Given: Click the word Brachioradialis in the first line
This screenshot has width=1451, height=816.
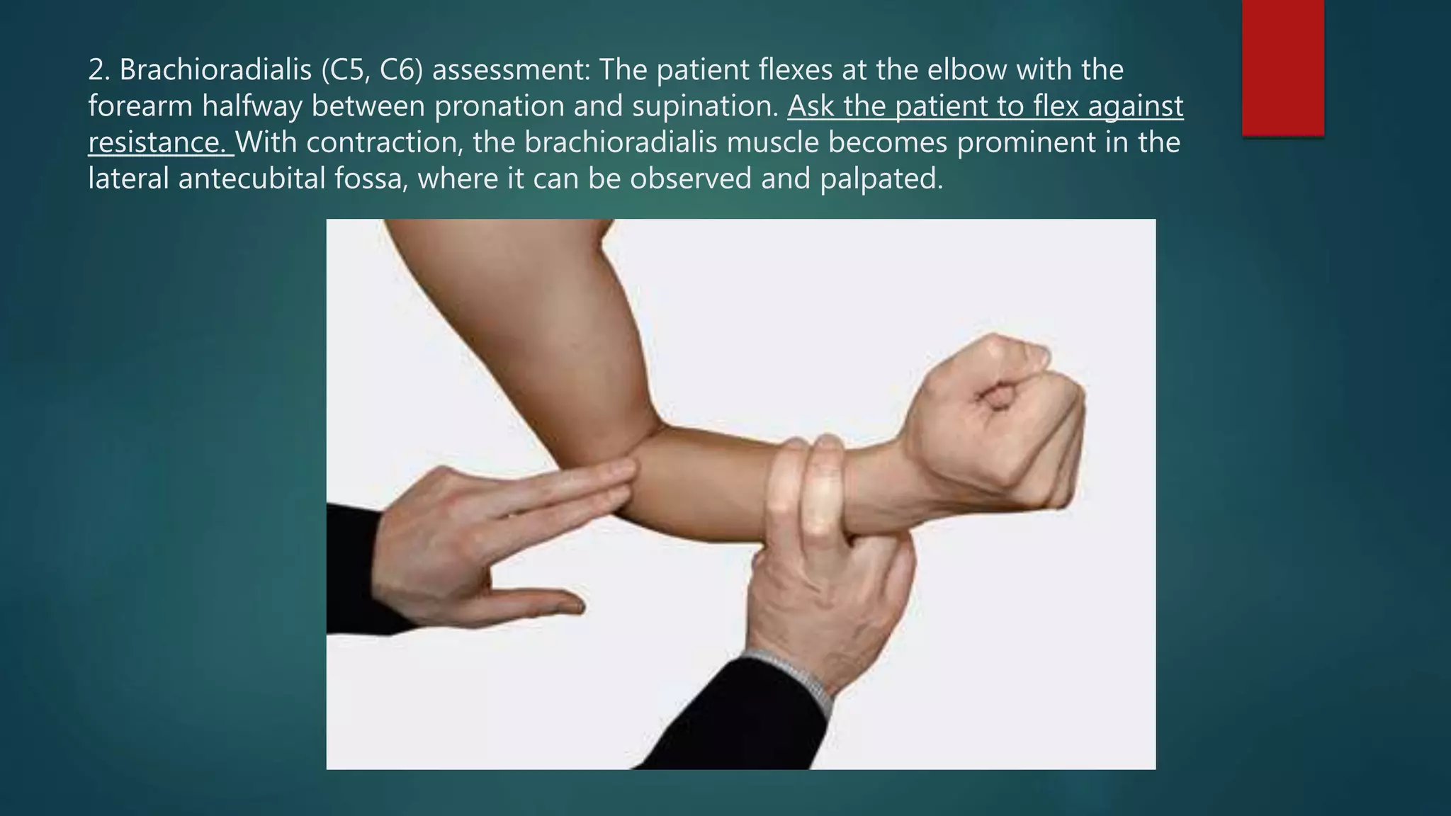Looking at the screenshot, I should click(x=215, y=70).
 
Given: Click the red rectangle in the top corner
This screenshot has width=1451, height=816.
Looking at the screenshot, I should click(x=1282, y=67).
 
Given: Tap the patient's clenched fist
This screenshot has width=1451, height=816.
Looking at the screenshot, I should click(x=999, y=425).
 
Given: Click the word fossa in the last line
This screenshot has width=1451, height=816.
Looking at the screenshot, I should click(x=369, y=178).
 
